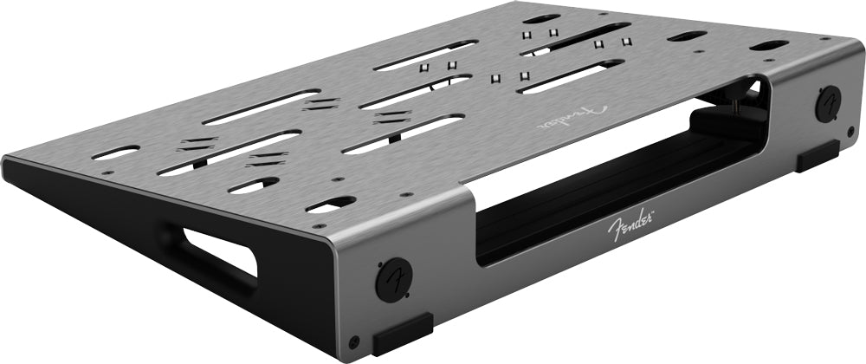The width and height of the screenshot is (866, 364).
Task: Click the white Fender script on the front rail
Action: pyautogui.click(x=630, y=224)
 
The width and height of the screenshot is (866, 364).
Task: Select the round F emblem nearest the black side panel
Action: pyautogui.click(x=394, y=280)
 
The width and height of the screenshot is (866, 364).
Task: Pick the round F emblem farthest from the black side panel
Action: pyautogui.click(x=828, y=104)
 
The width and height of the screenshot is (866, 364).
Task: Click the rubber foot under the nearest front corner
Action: pyautogui.click(x=403, y=335)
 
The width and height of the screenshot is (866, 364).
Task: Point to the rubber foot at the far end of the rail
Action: pyautogui.click(x=818, y=156)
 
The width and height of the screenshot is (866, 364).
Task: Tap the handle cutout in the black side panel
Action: pyautogui.click(x=220, y=251)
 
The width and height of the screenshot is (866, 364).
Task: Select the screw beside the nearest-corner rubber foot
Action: pyautogui.click(x=354, y=341)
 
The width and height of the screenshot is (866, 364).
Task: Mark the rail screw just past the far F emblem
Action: pyautogui.click(x=850, y=131)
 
